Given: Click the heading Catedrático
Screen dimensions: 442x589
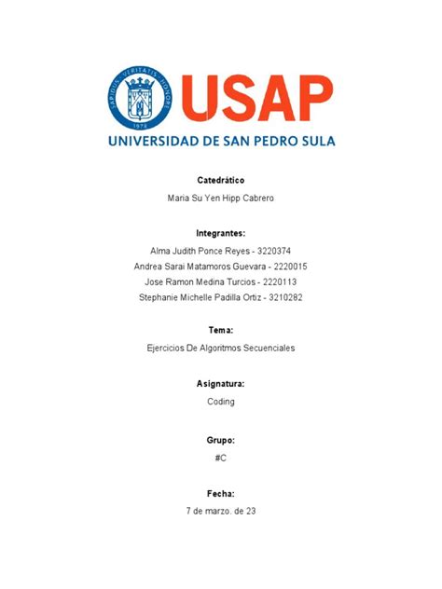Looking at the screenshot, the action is tap(221, 179).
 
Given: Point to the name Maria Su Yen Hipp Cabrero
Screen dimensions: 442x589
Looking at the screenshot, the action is tap(221, 199).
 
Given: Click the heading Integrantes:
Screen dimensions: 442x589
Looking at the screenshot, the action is tap(221, 232).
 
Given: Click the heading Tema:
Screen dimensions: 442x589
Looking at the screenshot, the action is tap(221, 330).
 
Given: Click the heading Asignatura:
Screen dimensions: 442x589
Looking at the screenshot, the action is tap(221, 383).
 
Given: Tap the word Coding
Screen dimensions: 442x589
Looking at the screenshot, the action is tap(221, 402).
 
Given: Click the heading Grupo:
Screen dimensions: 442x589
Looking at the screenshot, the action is tap(221, 438).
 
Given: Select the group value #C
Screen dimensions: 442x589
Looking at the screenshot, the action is tap(221, 457).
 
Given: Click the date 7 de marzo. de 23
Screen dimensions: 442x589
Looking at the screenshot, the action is tap(221, 512).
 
